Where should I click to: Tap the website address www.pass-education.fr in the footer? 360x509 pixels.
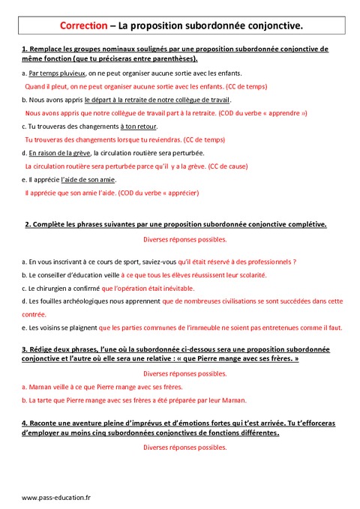tap(56, 497)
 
